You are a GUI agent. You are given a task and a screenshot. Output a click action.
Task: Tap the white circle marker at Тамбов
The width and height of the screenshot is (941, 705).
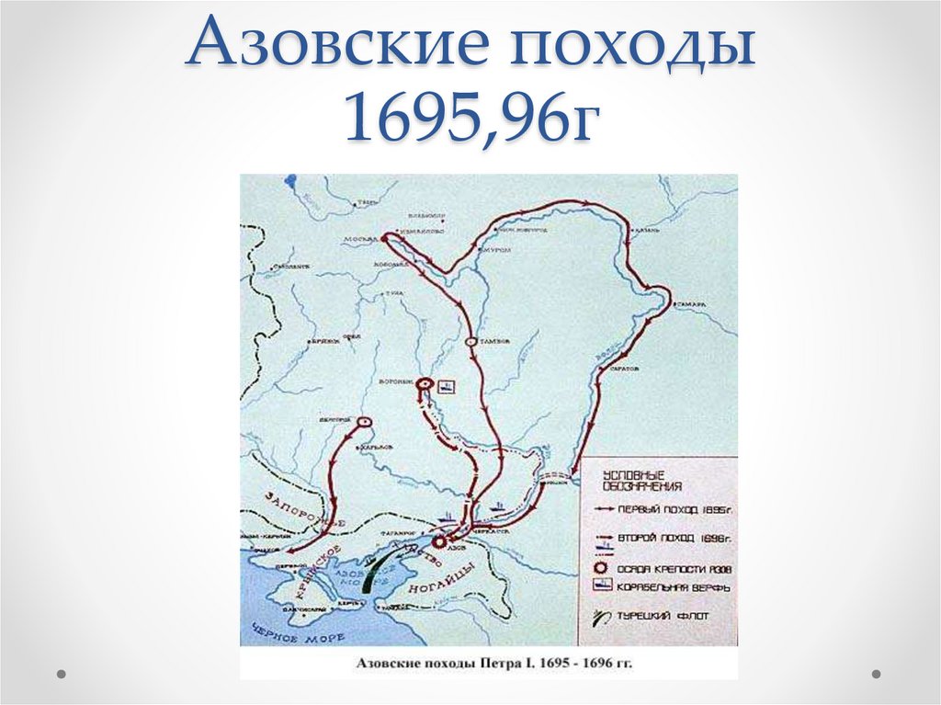click(470, 341)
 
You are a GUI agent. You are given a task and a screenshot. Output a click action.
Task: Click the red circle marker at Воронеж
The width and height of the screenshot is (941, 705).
click(424, 384)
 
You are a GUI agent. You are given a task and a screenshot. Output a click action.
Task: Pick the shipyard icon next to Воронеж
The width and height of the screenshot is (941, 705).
click(446, 387)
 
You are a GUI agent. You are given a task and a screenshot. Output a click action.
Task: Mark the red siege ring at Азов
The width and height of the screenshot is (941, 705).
click(438, 542)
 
